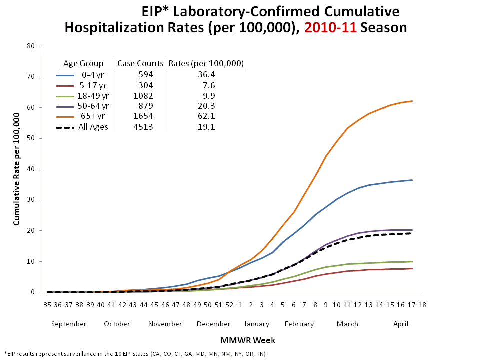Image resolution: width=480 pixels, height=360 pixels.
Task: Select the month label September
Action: [69, 324]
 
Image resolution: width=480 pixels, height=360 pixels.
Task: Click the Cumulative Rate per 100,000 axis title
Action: [16, 169]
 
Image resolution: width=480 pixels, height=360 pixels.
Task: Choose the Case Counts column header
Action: [140, 63]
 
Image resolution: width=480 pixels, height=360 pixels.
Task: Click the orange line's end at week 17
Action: [411, 101]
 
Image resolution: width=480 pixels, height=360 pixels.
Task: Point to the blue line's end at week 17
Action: [411, 180]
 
